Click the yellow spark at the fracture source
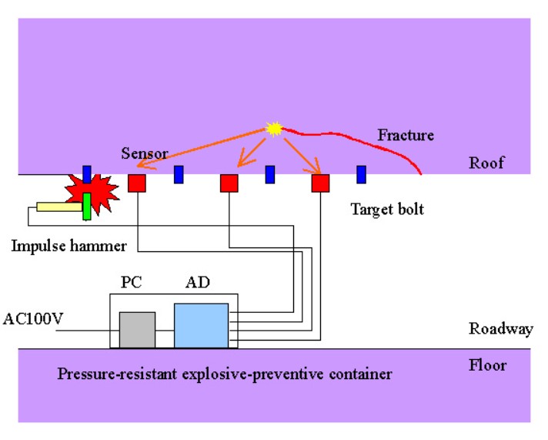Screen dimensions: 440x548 273,129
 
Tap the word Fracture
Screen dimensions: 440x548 405,136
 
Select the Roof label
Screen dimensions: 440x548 486,164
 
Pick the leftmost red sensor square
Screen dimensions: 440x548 136,183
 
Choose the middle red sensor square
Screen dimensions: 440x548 229,183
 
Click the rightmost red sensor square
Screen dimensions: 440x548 320,183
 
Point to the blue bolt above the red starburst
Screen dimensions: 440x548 87,174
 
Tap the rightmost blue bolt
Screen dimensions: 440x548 360,174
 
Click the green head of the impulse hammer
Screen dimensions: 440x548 87,207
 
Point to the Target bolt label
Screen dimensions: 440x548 386,209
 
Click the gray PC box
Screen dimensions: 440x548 137,329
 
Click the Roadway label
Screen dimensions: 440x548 500,329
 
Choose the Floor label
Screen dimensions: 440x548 487,364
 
